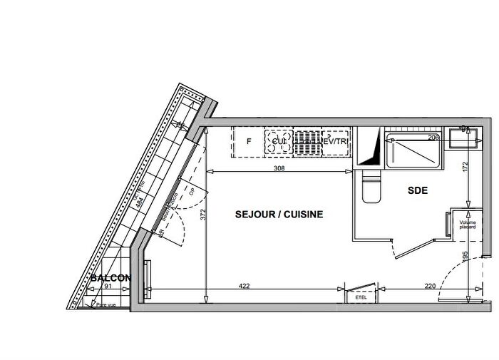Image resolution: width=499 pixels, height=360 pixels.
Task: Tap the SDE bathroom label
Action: (418, 191)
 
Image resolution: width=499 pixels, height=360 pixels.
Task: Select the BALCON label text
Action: (110, 278)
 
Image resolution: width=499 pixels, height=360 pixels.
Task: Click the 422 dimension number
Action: (244, 287)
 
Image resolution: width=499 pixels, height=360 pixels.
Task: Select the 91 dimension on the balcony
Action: (108, 287)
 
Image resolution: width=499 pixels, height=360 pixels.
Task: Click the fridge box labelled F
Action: (249, 141)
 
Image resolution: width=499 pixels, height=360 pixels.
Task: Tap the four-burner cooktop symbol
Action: (278, 141)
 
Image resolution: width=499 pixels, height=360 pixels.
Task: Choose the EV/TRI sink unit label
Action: (334, 142)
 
